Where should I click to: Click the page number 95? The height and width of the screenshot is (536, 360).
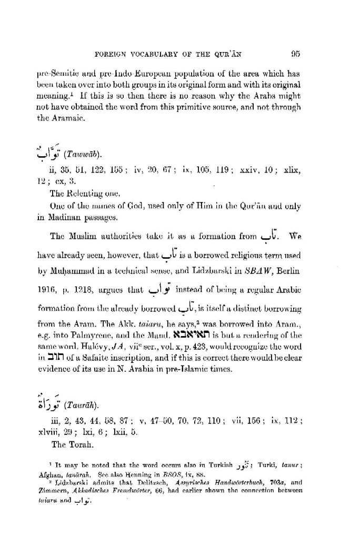point(295,53)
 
